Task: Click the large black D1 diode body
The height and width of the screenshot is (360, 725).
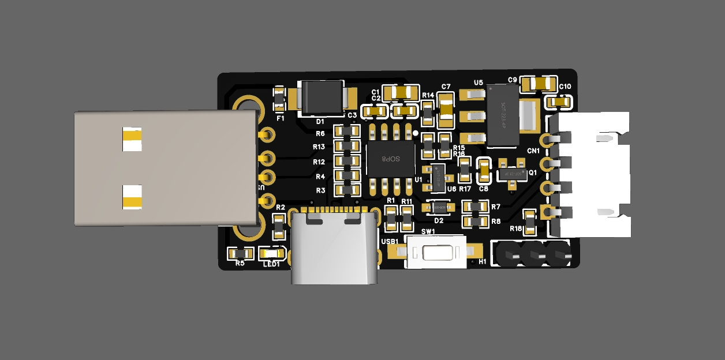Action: (x=323, y=97)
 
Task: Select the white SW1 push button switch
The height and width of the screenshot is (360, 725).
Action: (x=437, y=252)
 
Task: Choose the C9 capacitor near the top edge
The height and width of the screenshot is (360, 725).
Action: (x=539, y=84)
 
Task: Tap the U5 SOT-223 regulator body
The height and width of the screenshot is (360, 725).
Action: (x=502, y=115)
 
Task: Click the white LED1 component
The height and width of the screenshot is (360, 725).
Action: (x=271, y=253)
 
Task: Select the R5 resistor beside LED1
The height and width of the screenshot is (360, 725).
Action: (x=240, y=253)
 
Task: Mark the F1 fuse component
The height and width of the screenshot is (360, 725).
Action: (x=279, y=99)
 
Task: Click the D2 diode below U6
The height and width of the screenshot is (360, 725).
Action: (x=439, y=207)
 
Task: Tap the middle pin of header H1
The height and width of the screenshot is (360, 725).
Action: (x=533, y=254)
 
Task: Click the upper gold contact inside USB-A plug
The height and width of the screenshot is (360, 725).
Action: (x=132, y=139)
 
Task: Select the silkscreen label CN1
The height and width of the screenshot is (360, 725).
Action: (x=533, y=151)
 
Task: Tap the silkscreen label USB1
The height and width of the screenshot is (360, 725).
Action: (x=390, y=241)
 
